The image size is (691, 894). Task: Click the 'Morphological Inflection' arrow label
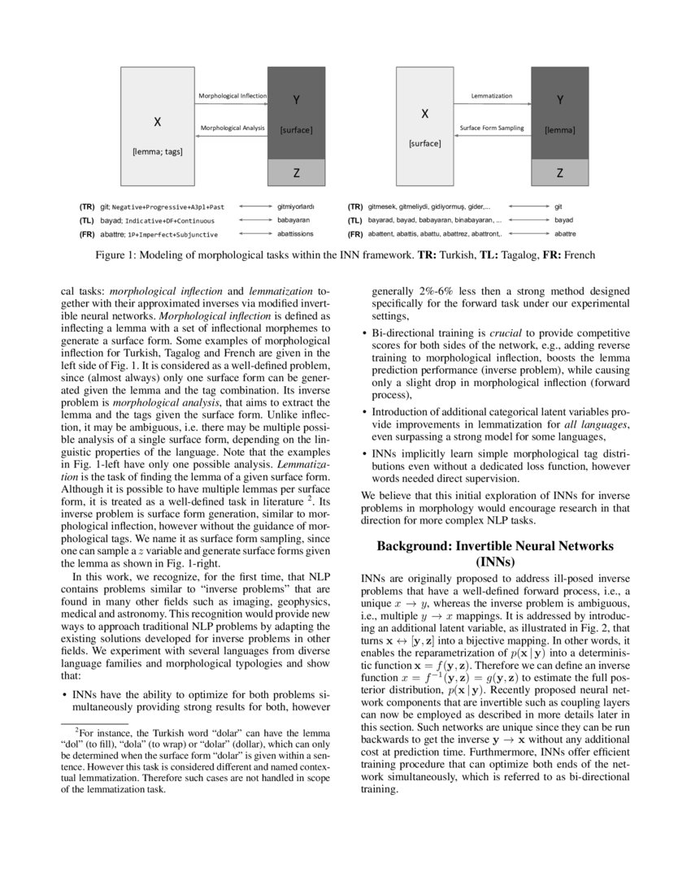pos(233,96)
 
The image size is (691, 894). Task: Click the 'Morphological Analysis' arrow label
pos(233,128)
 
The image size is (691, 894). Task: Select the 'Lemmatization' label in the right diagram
pos(492,96)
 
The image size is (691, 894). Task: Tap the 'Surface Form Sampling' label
pos(492,128)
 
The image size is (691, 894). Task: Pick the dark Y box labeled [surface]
pos(296,113)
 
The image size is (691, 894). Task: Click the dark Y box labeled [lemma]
pos(560,113)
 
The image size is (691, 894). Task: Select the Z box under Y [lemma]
pos(560,173)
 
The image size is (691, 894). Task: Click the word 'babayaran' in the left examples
pos(293,220)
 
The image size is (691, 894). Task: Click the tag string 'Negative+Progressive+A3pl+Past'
pos(167,206)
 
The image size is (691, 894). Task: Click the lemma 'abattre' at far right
pos(565,234)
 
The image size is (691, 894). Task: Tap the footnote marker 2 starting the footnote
pos(76,731)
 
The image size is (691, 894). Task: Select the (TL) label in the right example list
pos(354,220)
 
